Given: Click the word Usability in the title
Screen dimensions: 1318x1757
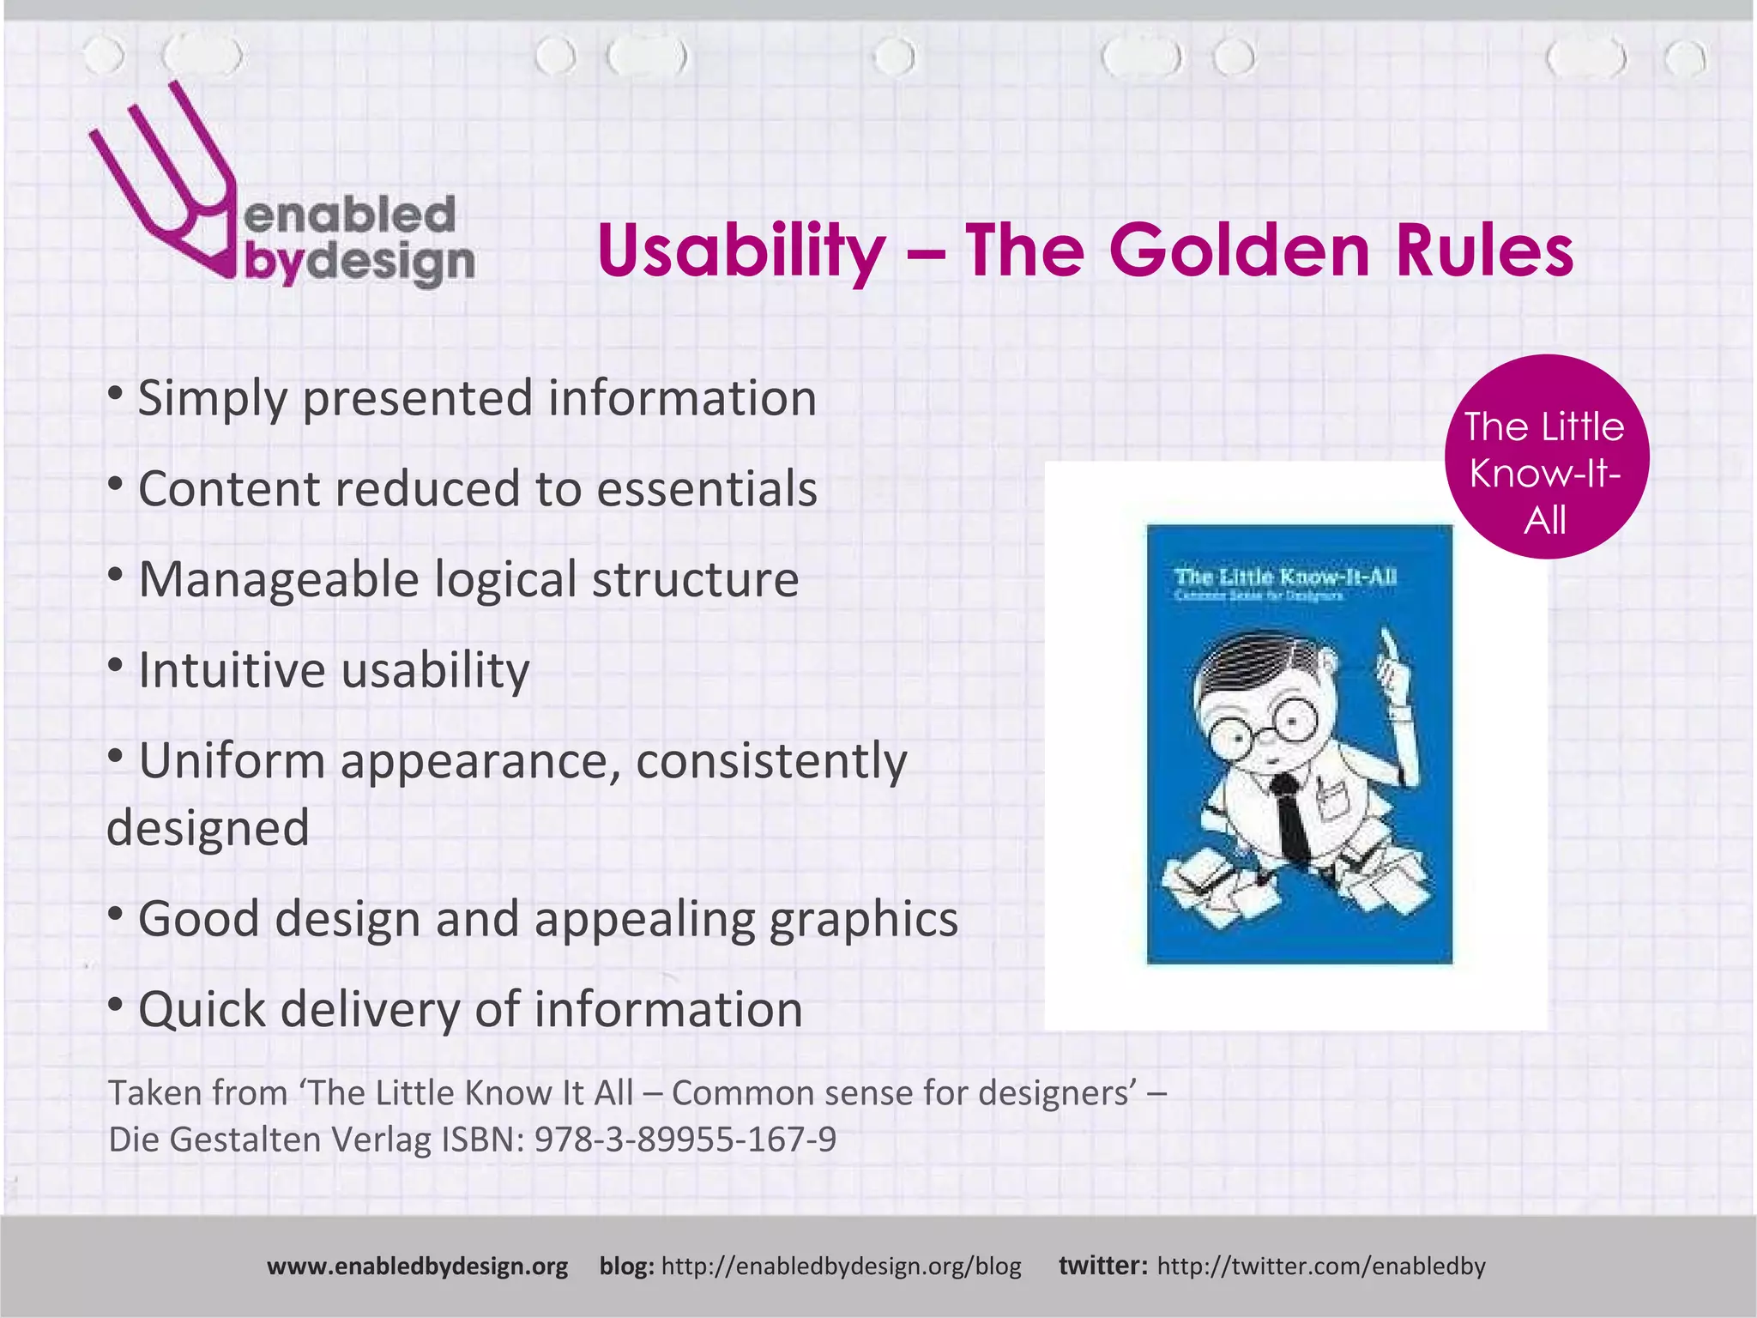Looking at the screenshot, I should pos(740,251).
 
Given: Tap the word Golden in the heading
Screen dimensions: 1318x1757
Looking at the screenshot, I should pos(1239,251).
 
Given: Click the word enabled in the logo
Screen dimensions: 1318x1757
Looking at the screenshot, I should pos(349,215).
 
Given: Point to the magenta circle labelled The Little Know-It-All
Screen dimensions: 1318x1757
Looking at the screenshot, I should pos(1546,457).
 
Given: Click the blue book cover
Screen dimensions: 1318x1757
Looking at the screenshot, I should pos(1299,744).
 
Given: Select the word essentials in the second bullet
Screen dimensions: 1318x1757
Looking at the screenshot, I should pos(706,489).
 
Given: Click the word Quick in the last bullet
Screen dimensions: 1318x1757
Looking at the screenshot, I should pos(202,1009).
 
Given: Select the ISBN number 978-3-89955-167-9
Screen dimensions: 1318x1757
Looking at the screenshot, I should pos(685,1140).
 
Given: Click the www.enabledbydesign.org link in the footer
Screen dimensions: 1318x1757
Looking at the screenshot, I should pos(417,1267).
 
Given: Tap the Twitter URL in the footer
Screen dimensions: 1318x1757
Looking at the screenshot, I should pos(1320,1267).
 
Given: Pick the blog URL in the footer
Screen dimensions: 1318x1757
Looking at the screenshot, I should pos(841,1267).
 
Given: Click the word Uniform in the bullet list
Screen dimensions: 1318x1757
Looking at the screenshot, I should pos(232,761).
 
